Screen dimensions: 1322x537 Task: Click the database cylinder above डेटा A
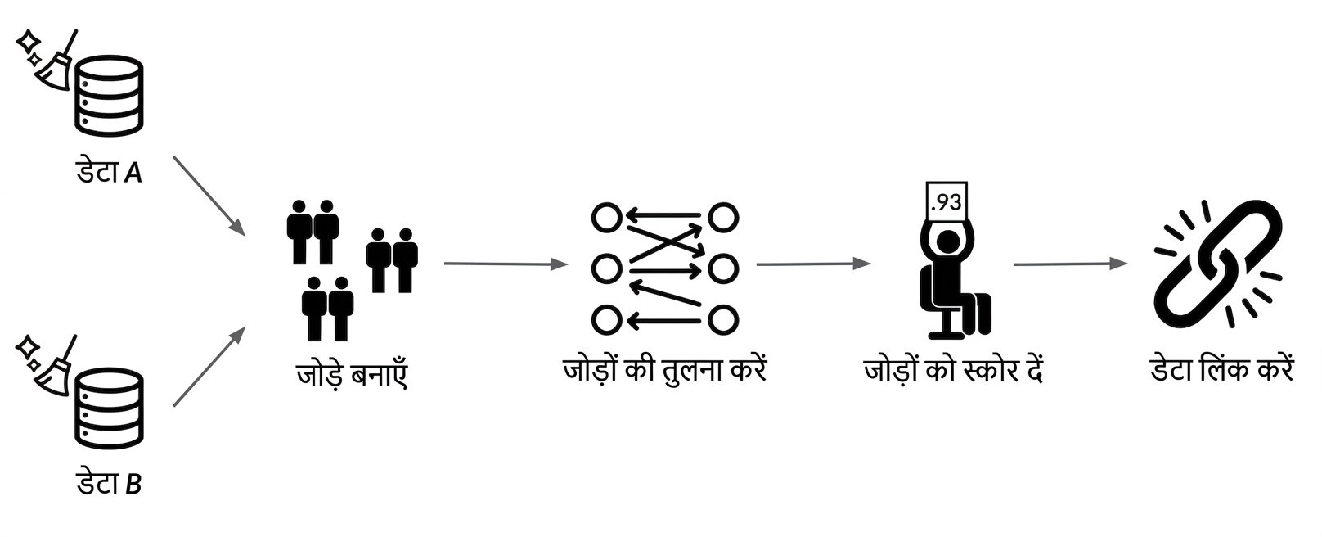point(109,96)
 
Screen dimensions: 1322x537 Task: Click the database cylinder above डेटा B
point(109,408)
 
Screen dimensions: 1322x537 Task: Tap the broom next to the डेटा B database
point(56,366)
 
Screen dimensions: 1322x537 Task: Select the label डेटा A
point(109,172)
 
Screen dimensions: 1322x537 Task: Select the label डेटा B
point(109,484)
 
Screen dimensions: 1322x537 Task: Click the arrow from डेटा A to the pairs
point(209,196)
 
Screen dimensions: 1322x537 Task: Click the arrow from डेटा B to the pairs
point(209,366)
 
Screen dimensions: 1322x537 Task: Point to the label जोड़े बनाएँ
point(352,374)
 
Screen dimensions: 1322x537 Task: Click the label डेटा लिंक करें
point(1221,369)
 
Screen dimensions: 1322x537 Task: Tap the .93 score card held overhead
point(947,201)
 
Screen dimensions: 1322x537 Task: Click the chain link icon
point(1218,264)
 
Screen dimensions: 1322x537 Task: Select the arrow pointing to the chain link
point(1071,264)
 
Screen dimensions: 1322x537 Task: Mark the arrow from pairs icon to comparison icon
point(506,264)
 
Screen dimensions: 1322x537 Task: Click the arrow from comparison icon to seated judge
point(814,264)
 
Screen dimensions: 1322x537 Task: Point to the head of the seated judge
point(948,242)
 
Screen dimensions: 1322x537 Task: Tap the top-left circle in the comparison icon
point(607,218)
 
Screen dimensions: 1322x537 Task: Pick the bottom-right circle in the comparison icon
point(723,321)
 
